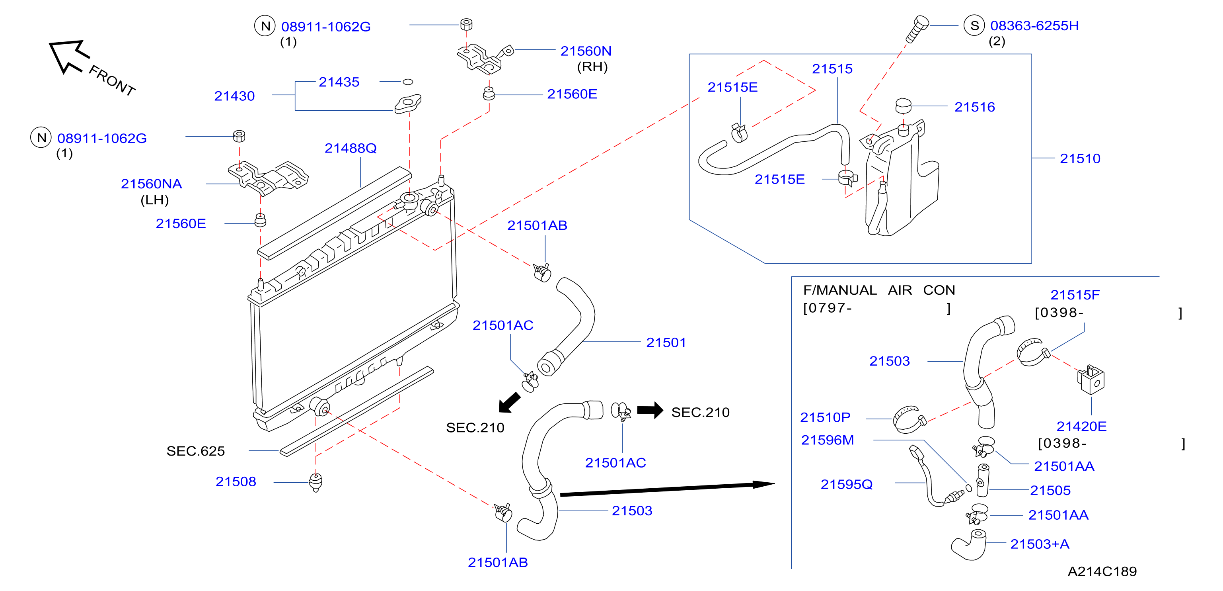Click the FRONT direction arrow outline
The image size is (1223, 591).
coord(69,56)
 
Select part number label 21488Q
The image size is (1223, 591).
coord(351,148)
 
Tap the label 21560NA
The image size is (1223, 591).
coord(152,184)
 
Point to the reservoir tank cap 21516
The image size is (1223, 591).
coord(903,106)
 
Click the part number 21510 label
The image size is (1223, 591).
coord(1080,158)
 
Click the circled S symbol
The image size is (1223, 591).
coord(974,25)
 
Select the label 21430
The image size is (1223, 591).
coord(235,96)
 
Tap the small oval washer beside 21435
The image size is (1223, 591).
coord(408,82)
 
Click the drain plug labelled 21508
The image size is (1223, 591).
coord(316,482)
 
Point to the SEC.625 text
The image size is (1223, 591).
coord(196,451)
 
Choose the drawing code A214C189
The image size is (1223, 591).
coord(1102,571)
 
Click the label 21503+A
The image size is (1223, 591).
coord(1040,544)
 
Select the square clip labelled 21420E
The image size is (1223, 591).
coord(1091,380)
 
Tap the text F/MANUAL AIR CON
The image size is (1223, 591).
coord(879,290)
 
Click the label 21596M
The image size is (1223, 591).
coord(828,440)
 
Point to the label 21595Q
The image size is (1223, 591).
coord(847,484)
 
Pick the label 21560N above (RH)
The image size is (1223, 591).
coord(586,51)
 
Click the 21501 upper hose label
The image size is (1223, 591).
coord(666,342)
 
